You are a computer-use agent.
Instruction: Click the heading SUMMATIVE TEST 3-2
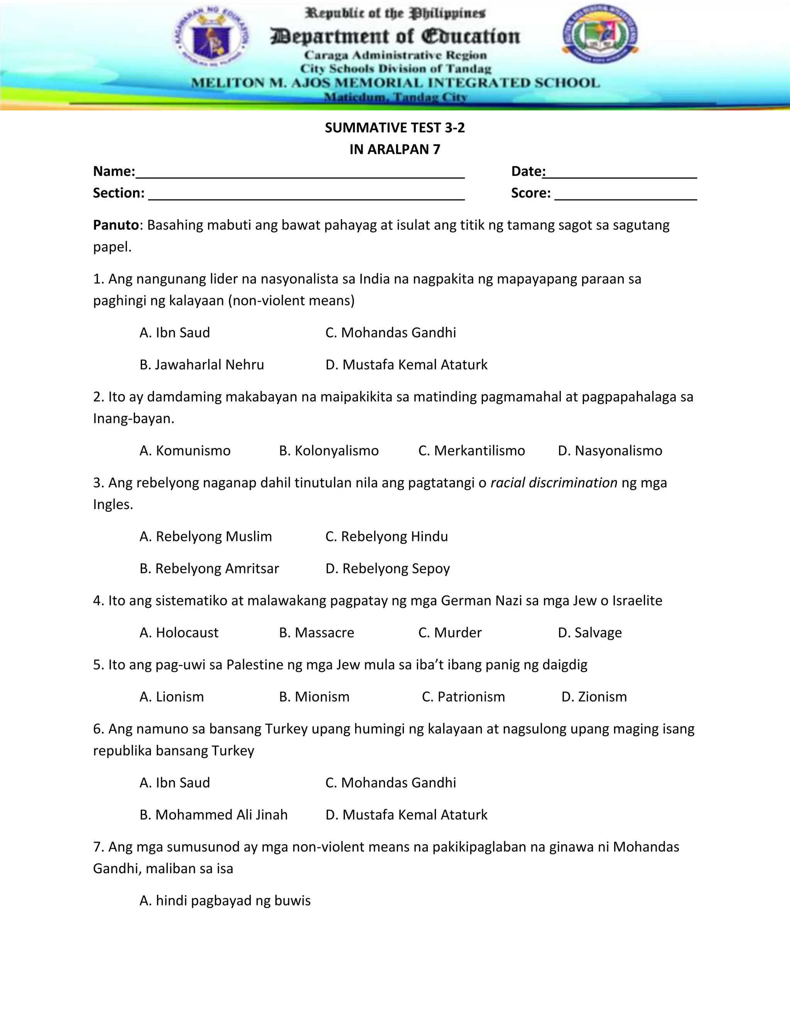395,128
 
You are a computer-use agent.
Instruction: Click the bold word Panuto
116,225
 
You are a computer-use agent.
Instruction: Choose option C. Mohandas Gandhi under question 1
390,333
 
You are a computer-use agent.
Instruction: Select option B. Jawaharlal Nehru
202,364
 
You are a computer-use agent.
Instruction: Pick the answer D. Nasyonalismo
610,450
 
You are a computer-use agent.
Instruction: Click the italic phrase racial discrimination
554,483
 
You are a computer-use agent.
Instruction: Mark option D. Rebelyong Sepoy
388,568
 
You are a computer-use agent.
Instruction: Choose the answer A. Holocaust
179,632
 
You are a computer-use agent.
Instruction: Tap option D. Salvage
590,632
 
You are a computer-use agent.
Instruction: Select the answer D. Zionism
594,697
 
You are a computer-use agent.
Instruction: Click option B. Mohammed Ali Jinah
213,815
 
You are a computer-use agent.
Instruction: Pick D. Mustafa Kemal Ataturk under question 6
406,815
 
